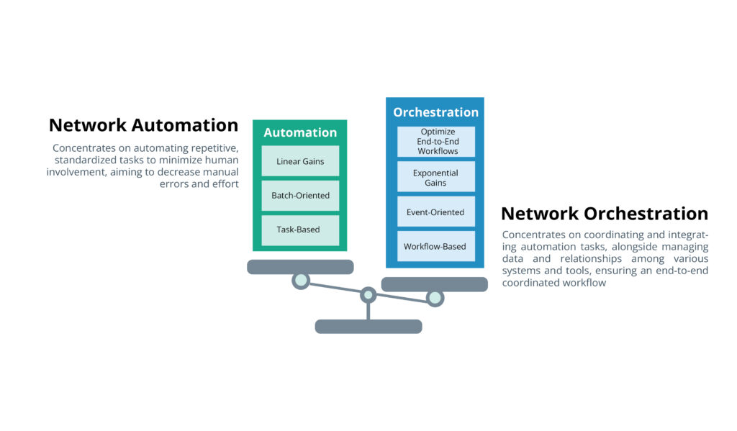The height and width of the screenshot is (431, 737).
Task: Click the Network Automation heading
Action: click(143, 125)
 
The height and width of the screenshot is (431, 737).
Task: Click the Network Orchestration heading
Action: click(604, 214)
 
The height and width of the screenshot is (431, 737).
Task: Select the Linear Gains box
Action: click(300, 161)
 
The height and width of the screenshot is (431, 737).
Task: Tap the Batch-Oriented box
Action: click(300, 196)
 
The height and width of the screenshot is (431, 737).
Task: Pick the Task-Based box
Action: click(300, 230)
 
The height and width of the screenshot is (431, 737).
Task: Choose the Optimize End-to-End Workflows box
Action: click(436, 142)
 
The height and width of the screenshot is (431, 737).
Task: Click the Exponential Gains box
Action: click(436, 178)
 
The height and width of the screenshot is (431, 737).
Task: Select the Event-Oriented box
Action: click(436, 212)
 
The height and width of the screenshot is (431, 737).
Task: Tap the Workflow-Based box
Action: click(436, 246)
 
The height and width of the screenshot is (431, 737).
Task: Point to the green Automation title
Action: click(300, 132)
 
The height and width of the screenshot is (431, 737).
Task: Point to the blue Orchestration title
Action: click(435, 112)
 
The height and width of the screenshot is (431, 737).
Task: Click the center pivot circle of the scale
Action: click(368, 294)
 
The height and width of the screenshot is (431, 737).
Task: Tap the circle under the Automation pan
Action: click(301, 280)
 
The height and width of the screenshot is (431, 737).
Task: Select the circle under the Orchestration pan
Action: click(435, 297)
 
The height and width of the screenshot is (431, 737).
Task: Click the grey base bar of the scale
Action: click(368, 327)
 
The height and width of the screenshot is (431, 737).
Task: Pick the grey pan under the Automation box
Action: click(300, 267)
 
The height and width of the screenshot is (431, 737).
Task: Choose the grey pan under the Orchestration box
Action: click(434, 284)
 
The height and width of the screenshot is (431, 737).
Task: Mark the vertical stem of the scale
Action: click(368, 310)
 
